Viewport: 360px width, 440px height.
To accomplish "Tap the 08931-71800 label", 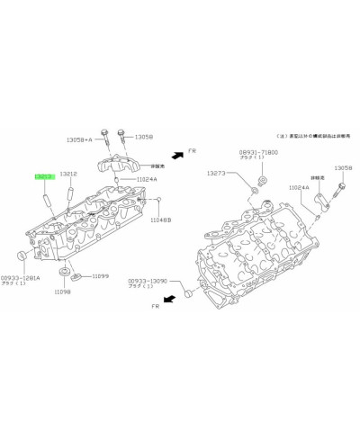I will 259,154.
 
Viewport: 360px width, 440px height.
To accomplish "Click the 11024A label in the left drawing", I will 147,179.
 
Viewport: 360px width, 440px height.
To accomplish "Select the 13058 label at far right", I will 343,168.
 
